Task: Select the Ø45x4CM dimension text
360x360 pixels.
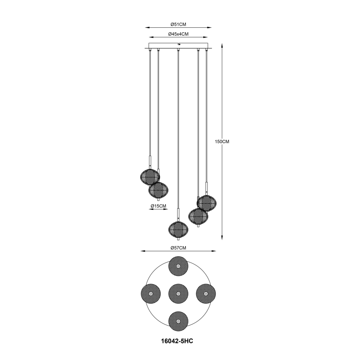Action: [178, 34]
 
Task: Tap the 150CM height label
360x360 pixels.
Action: [222, 141]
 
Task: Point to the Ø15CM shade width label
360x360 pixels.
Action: [158, 206]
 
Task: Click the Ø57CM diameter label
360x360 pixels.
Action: [178, 248]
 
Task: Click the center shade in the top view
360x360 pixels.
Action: [178, 294]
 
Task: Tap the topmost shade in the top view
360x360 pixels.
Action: [178, 266]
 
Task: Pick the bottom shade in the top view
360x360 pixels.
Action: [178, 321]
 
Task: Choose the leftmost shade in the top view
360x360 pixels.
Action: [151, 294]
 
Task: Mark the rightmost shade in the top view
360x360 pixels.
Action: [206, 294]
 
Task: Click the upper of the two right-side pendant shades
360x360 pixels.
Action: [207, 203]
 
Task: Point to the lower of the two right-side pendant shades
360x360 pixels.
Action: [198, 216]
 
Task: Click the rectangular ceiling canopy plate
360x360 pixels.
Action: [178, 45]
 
